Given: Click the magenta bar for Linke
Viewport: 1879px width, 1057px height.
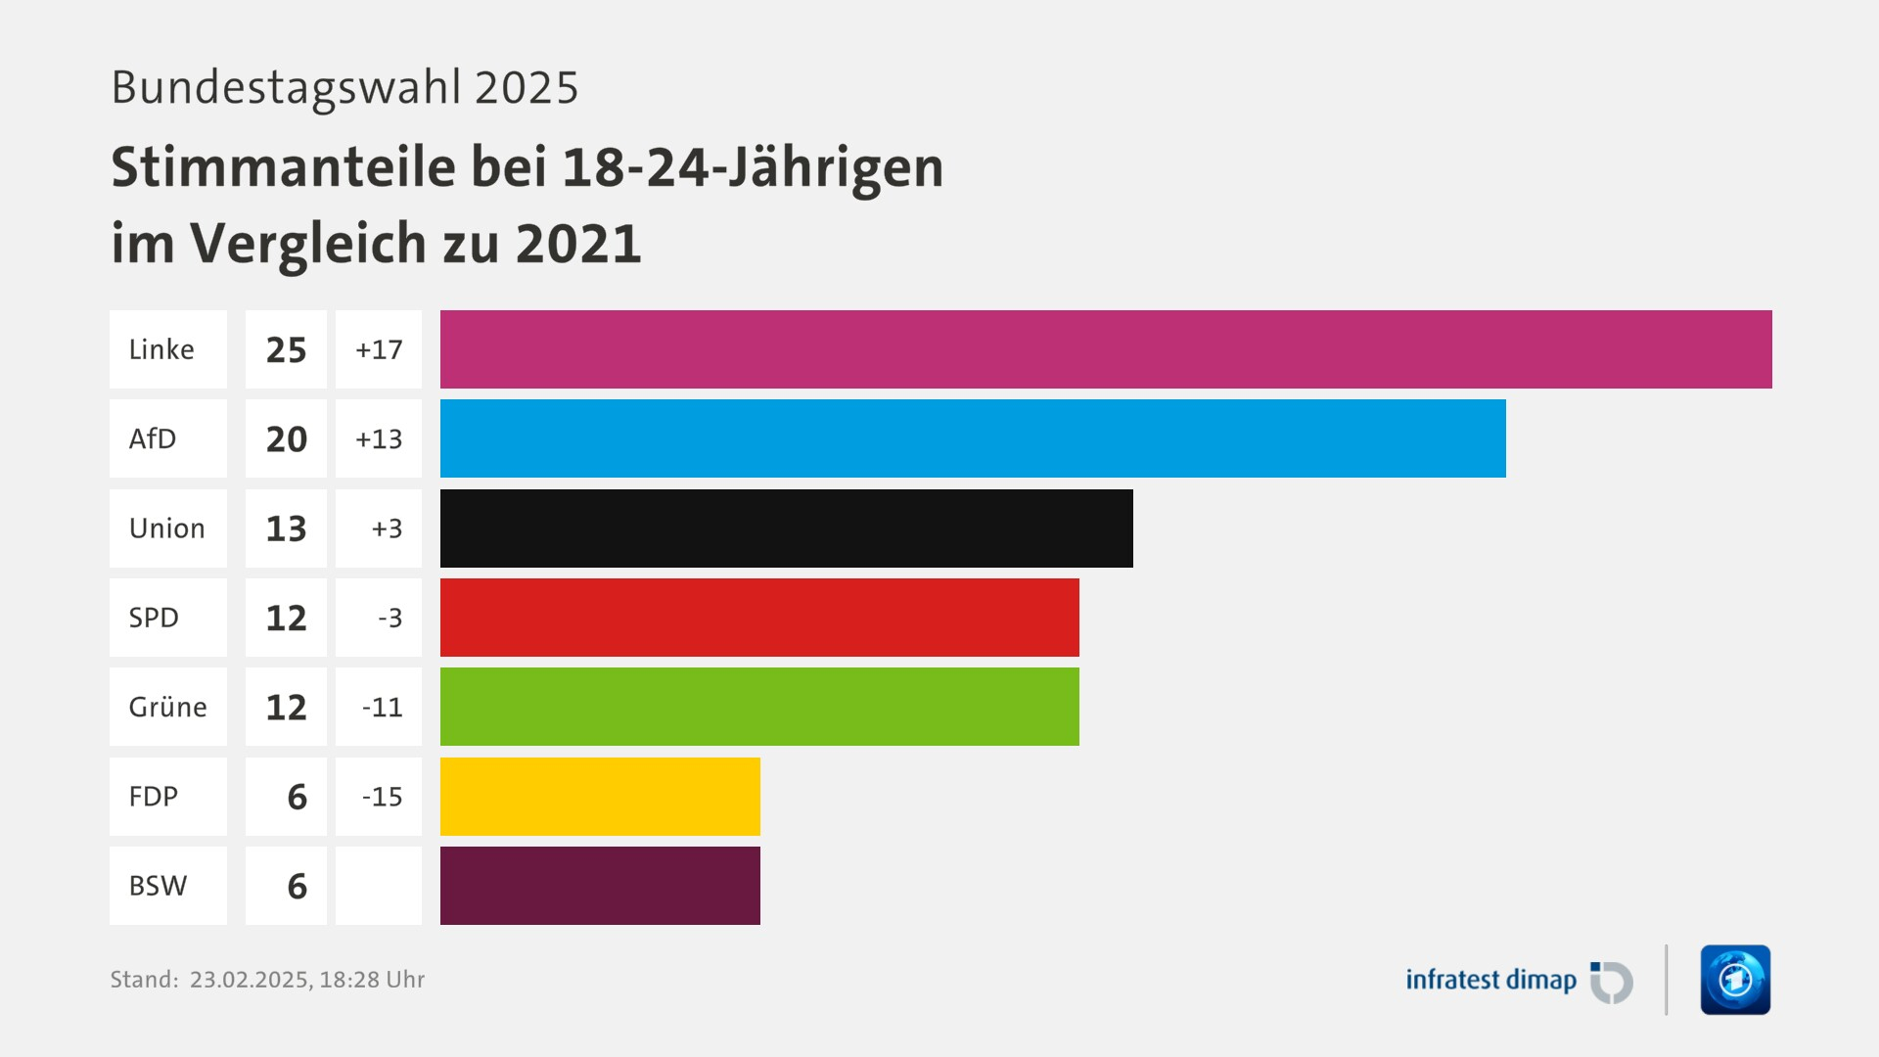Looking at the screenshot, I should [1106, 349].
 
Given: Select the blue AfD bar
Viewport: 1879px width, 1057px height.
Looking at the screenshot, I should [973, 438].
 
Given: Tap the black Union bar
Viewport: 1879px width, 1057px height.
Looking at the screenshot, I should [786, 528].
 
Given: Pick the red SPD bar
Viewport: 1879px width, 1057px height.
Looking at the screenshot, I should [759, 618].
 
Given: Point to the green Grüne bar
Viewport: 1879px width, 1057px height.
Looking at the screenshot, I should [759, 707].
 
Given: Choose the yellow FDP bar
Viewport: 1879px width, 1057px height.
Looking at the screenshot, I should [600, 797].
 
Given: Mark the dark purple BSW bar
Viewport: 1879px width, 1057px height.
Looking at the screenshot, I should [600, 886].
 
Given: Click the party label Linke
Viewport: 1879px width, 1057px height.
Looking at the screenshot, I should [161, 349].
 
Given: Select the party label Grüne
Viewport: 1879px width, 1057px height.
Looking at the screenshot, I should [167, 707].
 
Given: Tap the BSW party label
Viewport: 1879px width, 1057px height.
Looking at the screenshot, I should [158, 886].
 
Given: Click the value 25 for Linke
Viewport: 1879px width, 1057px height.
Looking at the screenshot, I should [286, 350].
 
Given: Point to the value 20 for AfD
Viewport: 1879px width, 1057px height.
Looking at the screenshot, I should [286, 439].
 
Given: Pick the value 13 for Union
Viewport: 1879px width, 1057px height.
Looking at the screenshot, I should [286, 528].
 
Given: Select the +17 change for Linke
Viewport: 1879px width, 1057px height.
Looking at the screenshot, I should [379, 349].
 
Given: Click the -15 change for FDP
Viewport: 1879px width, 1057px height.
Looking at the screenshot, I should [382, 797].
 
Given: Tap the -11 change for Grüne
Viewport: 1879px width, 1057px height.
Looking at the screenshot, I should [382, 707].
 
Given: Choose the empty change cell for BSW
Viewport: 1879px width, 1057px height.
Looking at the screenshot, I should [379, 886].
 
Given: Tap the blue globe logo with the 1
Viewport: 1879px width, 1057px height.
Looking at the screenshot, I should [1735, 980].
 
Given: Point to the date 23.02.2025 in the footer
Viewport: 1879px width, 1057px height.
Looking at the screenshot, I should [249, 980].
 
